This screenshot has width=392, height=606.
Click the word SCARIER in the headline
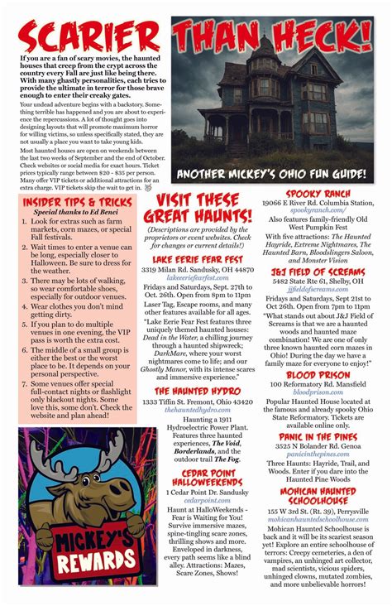click(89, 38)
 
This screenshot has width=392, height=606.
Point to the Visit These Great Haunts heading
click(203, 209)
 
